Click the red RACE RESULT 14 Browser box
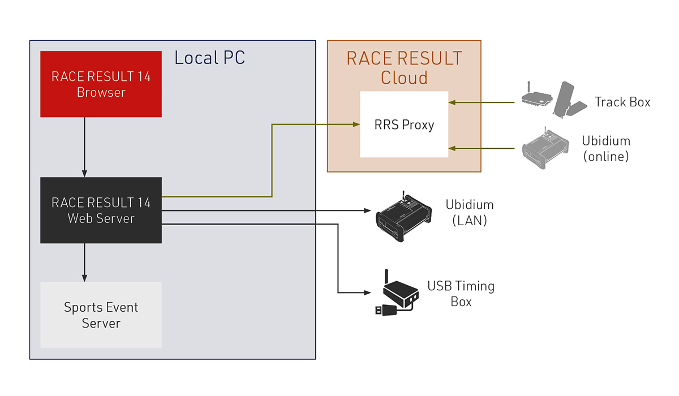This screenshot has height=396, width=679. [x=101, y=84]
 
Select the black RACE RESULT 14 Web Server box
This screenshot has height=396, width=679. [x=101, y=210]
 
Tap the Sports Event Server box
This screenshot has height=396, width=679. [x=101, y=315]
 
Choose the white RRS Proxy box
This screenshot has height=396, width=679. [x=404, y=124]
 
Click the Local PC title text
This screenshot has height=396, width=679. [x=209, y=58]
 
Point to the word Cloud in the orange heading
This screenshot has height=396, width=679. [x=404, y=78]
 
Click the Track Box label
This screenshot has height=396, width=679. [x=622, y=102]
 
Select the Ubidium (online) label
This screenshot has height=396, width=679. [x=606, y=148]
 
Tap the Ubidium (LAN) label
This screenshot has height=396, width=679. [x=470, y=212]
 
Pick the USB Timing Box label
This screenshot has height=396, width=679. [x=461, y=294]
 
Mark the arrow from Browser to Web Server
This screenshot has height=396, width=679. [x=84, y=147]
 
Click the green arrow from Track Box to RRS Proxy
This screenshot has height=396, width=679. [x=484, y=103]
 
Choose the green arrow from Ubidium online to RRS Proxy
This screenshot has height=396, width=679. [x=484, y=149]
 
